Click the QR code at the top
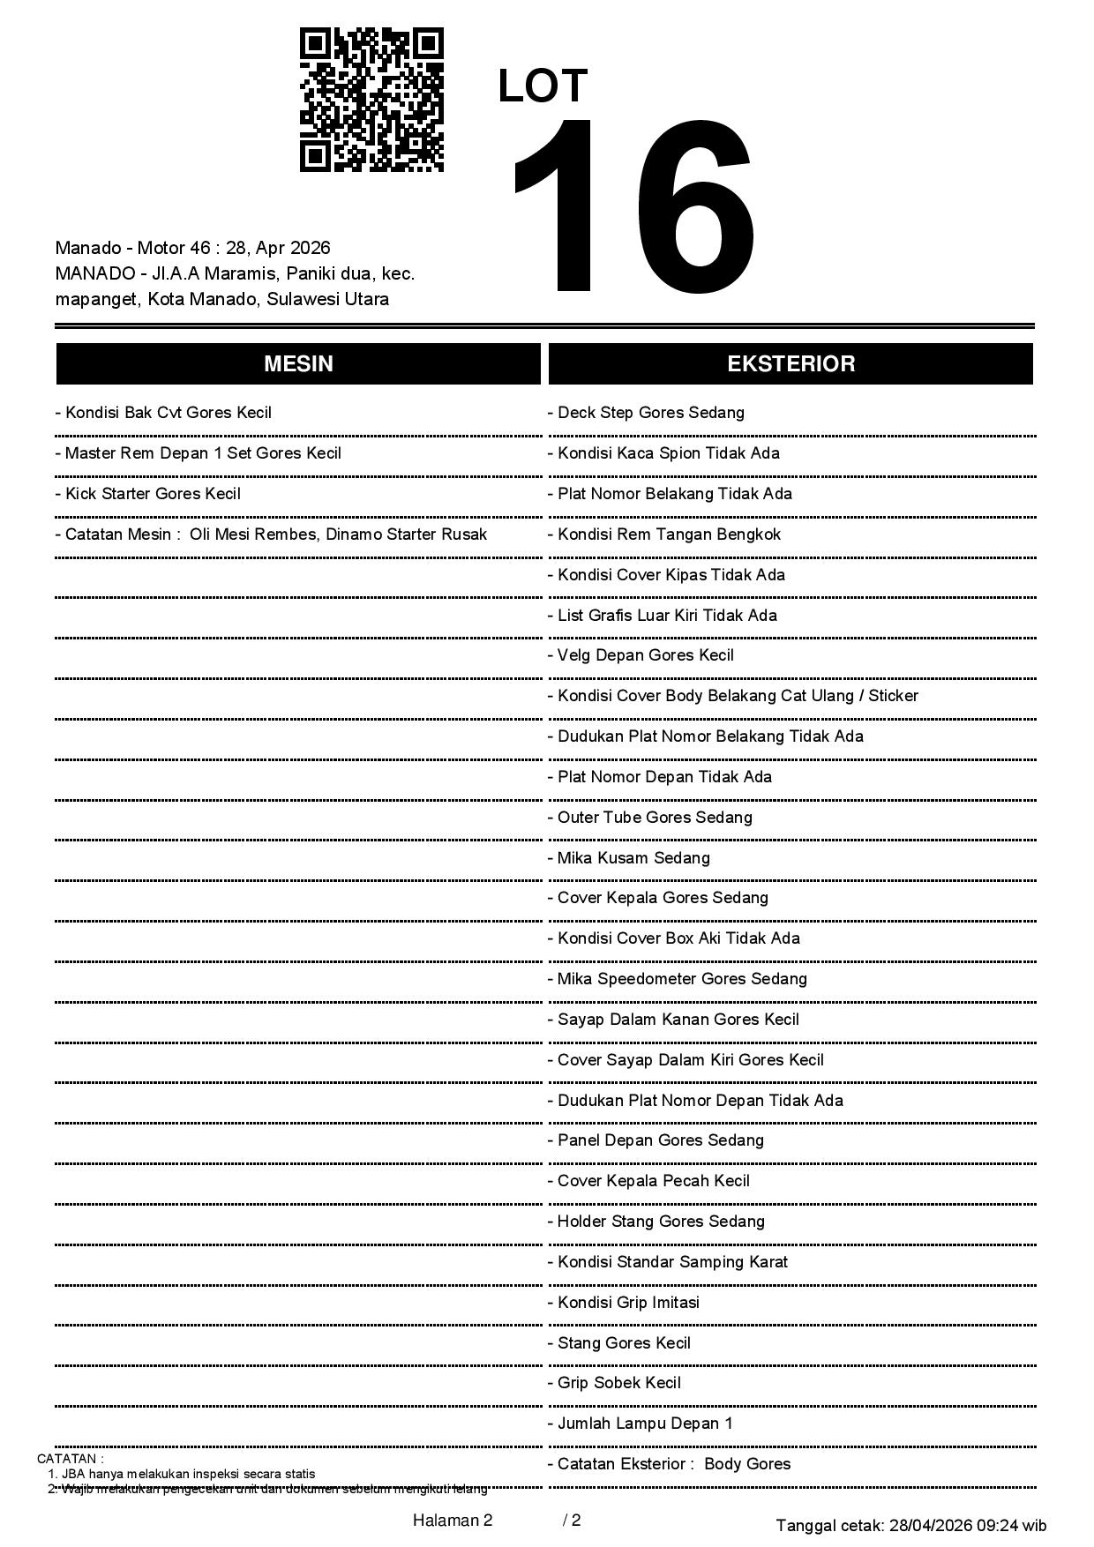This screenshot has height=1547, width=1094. (371, 100)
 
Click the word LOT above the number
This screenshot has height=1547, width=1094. (543, 86)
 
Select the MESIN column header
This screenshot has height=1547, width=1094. (298, 364)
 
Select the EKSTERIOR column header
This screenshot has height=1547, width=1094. (791, 364)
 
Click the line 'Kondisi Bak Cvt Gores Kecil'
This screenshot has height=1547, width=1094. (163, 413)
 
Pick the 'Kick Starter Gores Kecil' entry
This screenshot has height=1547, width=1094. (147, 494)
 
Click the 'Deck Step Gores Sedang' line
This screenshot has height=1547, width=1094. (646, 413)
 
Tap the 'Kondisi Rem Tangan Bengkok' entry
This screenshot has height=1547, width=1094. (664, 534)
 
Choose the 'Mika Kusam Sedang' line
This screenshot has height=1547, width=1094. (628, 858)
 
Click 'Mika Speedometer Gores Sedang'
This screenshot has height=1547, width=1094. (677, 979)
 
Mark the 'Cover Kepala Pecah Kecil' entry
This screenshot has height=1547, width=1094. (648, 1181)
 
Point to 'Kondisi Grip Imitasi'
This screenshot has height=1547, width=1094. (624, 1303)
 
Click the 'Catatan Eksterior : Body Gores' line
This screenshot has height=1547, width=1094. (669, 1464)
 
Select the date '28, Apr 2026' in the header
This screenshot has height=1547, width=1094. (278, 248)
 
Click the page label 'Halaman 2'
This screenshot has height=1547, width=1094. (452, 1520)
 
